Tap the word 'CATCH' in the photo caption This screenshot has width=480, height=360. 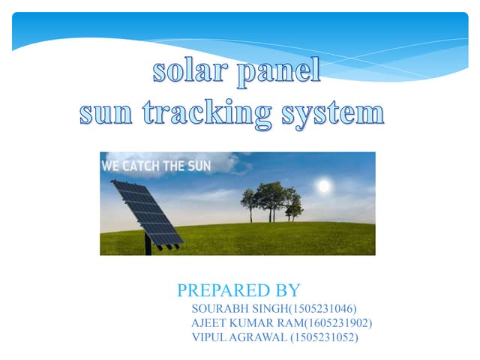tap(143, 166)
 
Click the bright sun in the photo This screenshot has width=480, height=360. tap(324, 184)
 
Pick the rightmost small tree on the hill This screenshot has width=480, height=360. tap(295, 208)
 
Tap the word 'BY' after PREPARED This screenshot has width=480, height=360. tap(287, 291)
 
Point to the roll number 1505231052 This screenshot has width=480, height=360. tap(325, 337)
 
